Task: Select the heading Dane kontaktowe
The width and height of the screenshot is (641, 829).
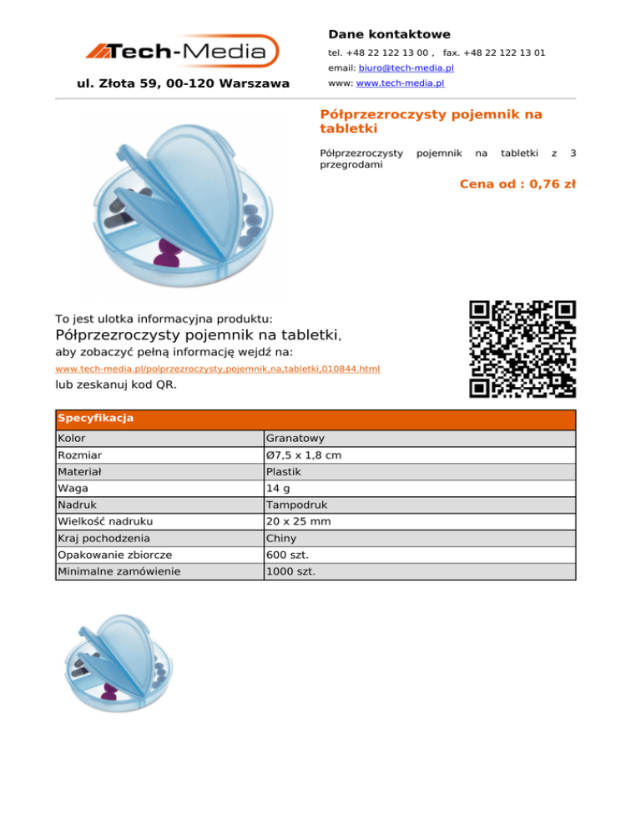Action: pos(389,34)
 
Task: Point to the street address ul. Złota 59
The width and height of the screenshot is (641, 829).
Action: pos(182,83)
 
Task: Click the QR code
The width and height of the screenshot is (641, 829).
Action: pos(522,349)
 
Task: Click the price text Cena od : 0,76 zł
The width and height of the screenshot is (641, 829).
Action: pos(517,184)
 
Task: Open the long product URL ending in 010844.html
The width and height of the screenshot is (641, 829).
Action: pos(217,368)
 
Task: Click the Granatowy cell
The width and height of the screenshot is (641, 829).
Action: pos(289,439)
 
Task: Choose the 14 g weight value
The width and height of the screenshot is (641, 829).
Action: pos(277,489)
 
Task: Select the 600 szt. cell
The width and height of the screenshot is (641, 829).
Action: pos(285,555)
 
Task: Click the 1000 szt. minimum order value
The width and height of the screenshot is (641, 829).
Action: pos(288,572)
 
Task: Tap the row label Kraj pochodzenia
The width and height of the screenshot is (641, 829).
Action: pos(103,539)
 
